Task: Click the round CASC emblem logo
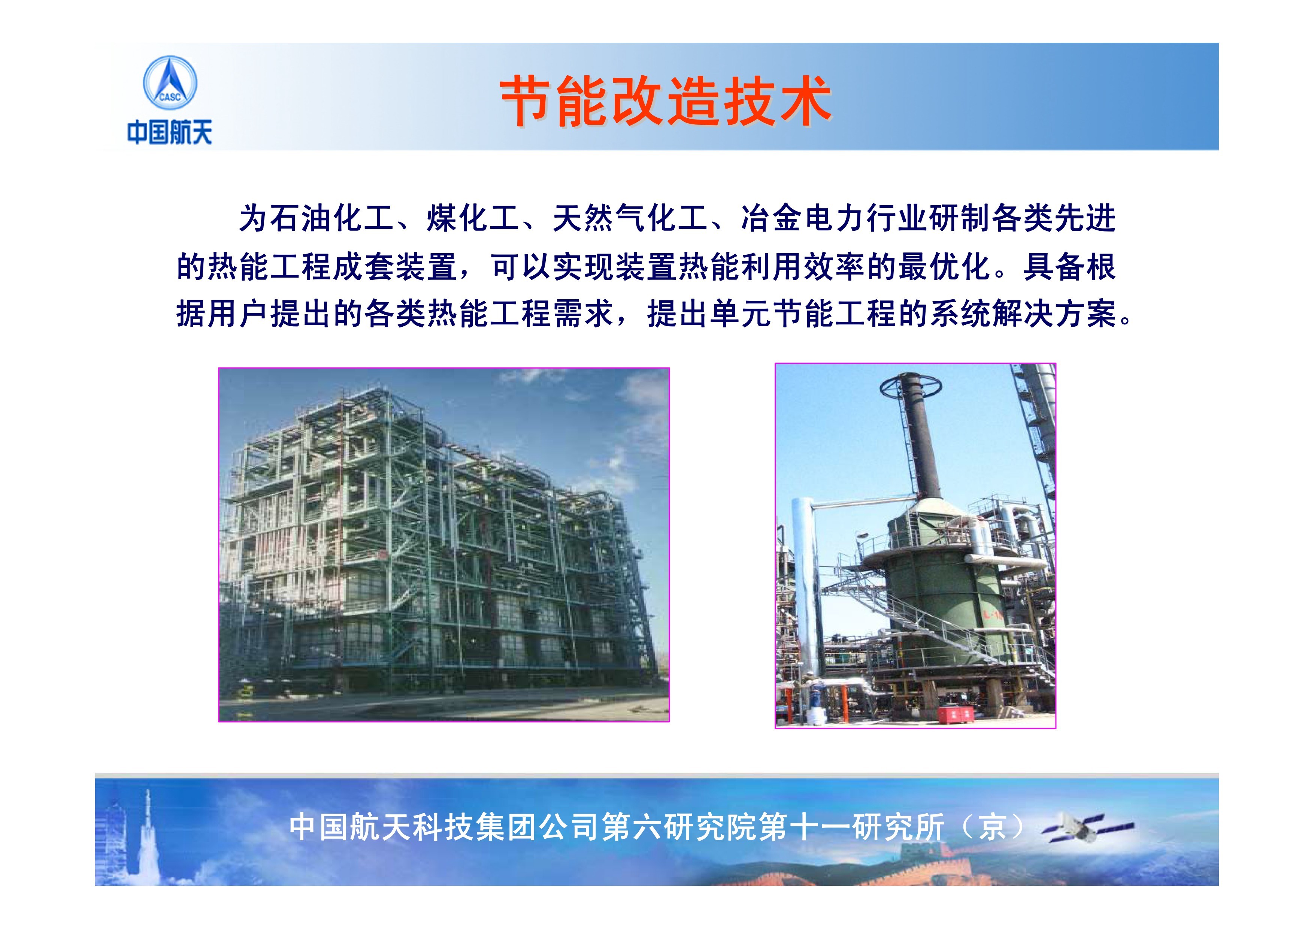[169, 84]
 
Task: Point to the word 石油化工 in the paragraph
[332, 219]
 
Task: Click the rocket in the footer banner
[148, 830]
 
